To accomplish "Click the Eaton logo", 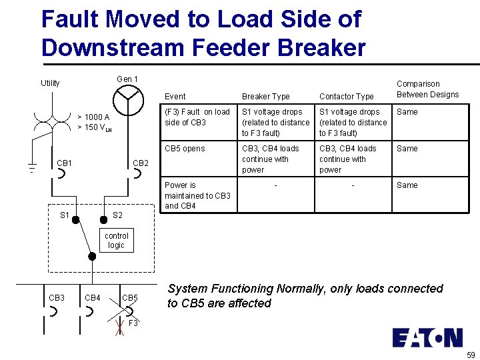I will tap(427, 337).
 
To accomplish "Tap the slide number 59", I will tap(471, 355).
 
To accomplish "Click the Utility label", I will tap(50, 83).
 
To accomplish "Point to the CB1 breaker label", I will tap(65, 163).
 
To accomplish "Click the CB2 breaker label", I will tap(141, 163).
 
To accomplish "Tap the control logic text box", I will tap(116, 241).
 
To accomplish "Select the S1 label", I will tap(65, 215).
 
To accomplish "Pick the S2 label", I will tap(117, 215).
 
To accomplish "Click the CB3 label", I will tap(57, 297).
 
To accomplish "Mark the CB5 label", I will tap(130, 297).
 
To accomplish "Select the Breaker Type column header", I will tap(265, 97).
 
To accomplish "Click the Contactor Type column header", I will tap(347, 97).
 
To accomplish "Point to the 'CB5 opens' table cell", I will tap(185, 149).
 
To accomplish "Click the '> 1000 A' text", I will tap(93, 117).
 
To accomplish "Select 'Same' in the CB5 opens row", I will tap(407, 149).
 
